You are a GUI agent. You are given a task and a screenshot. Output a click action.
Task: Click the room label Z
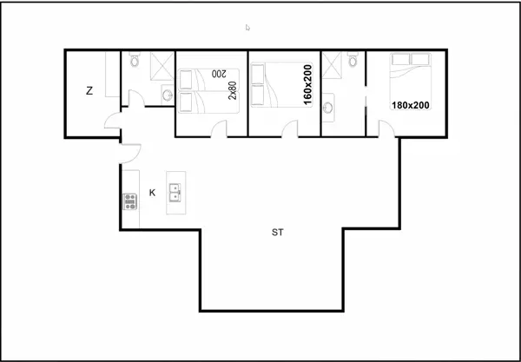point(89,90)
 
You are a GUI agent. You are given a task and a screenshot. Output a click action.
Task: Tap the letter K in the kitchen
point(152,193)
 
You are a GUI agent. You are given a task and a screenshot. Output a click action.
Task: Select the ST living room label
point(277,233)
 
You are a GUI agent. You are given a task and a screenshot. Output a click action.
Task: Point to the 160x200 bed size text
point(307,84)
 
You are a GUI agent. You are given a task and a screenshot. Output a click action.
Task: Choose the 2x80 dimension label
point(233,90)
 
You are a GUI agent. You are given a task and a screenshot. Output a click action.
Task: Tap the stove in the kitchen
point(131,202)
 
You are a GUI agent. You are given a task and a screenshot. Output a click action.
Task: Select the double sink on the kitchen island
point(175,190)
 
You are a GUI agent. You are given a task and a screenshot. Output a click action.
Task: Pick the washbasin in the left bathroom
point(167,95)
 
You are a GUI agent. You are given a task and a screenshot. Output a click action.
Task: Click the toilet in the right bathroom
point(353,63)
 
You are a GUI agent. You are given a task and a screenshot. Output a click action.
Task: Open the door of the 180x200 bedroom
point(386,129)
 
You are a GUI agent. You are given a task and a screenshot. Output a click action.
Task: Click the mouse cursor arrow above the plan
point(247,28)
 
